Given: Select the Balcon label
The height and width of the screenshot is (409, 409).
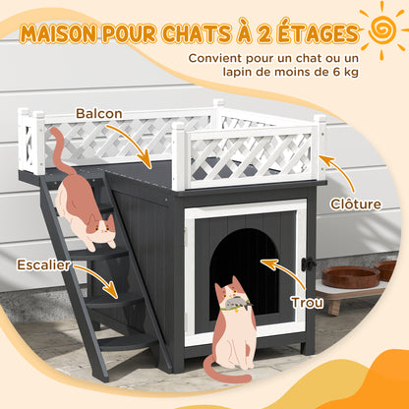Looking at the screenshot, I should [x=99, y=113].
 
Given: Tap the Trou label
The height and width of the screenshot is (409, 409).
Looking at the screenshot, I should [x=307, y=303].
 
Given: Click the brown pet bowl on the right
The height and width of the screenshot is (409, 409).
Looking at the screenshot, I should [x=351, y=276].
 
